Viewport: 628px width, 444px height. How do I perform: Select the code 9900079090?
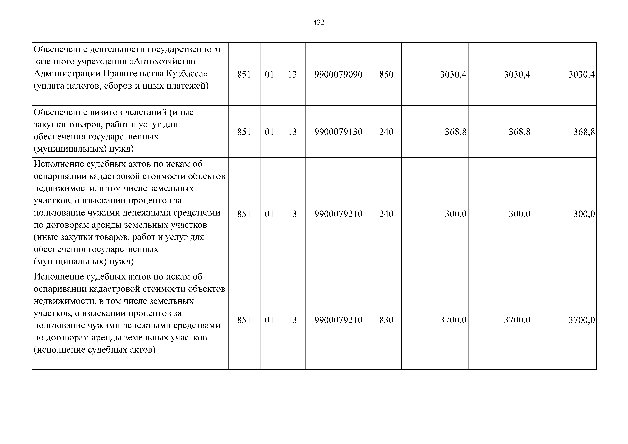click(338, 74)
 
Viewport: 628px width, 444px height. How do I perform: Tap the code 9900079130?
click(338, 132)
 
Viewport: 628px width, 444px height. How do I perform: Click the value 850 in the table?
click(386, 74)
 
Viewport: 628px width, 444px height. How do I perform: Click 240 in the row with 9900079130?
click(386, 132)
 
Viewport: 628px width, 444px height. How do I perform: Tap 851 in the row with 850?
click(244, 74)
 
